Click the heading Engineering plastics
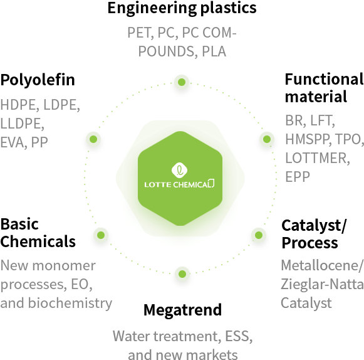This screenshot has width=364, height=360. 182,9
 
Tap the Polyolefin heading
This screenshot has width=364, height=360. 38,80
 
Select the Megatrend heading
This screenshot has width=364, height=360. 182,310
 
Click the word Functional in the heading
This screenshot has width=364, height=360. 324,79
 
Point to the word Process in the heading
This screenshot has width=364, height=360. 309,243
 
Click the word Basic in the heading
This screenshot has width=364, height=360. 19,225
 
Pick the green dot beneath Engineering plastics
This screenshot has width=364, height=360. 182,82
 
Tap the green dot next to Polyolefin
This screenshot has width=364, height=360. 93,139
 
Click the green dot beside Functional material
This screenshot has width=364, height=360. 267,139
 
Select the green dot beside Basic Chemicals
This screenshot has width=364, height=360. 101,235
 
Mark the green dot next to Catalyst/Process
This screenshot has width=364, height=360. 259,235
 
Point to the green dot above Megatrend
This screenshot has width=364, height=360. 182,274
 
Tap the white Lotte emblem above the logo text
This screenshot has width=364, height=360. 179,170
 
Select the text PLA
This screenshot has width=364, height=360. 214,51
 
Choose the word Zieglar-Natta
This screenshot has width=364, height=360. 322,284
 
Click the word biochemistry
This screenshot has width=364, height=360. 70,304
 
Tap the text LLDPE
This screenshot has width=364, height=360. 22,124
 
